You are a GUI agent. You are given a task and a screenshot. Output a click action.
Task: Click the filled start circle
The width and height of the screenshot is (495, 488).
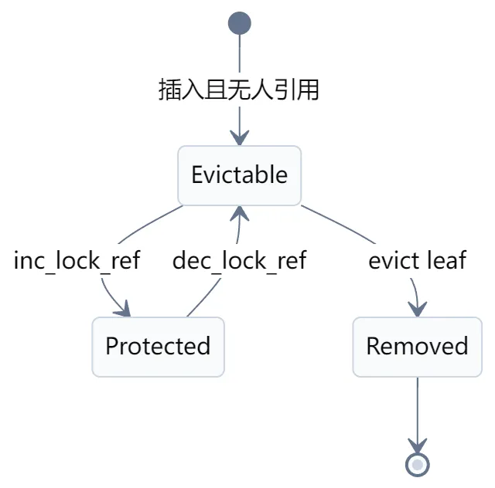(240, 23)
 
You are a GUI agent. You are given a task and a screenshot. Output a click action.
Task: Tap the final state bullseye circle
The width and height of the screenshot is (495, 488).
(418, 465)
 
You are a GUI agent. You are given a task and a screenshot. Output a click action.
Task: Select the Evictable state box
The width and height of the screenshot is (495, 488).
(240, 175)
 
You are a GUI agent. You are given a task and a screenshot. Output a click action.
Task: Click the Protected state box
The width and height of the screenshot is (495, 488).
(158, 347)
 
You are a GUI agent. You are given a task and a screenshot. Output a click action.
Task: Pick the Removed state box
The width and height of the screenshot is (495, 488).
(418, 347)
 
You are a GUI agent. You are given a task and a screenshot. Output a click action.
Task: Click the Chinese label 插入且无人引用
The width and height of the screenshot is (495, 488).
(239, 90)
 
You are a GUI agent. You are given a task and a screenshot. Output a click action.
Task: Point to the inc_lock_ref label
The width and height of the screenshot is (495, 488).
(77, 261)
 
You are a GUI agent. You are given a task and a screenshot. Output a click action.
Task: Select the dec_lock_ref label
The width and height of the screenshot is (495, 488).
(240, 261)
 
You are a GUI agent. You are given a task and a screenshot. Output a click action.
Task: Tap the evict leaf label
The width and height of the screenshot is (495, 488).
(418, 260)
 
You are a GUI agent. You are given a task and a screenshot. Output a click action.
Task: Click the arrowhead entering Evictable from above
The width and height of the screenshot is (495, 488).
(240, 137)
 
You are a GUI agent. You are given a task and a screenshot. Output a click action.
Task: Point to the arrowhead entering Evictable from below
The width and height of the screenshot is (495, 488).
(240, 214)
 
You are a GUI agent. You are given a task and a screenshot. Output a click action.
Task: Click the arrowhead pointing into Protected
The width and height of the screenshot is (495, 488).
(124, 309)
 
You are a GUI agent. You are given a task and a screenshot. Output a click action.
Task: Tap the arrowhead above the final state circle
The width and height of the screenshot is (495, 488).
(418, 446)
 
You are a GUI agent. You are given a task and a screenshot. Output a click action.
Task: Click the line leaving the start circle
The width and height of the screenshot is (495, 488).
(240, 53)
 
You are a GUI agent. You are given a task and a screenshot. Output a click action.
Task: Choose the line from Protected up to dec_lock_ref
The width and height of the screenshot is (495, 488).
(204, 297)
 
